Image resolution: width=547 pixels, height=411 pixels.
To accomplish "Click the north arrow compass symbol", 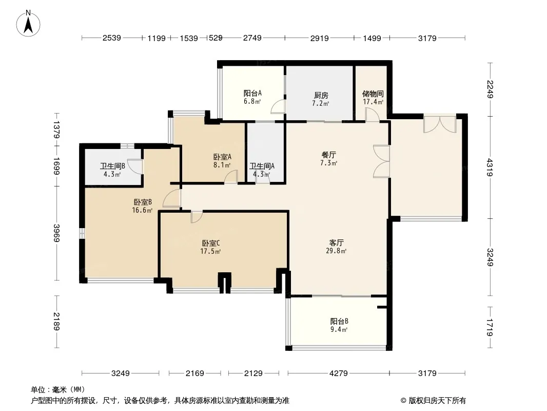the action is pyautogui.click(x=28, y=24).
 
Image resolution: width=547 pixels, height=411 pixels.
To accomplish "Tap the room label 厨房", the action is pyautogui.click(x=321, y=95).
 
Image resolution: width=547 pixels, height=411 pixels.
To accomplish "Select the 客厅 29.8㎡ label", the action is pyautogui.click(x=336, y=247).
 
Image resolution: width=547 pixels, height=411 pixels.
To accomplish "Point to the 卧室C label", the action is pyautogui.click(x=210, y=243).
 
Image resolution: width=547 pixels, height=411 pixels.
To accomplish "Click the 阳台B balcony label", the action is pyautogui.click(x=339, y=321).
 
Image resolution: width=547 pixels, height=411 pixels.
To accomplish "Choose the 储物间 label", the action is pyautogui.click(x=373, y=94).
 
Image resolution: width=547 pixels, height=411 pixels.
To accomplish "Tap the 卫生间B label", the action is pyautogui.click(x=112, y=166).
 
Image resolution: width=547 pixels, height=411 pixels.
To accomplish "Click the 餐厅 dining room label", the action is pyautogui.click(x=328, y=155).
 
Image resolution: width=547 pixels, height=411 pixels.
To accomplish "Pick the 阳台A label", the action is pyautogui.click(x=252, y=93).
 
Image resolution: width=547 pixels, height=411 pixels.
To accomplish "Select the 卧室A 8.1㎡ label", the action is pyautogui.click(x=222, y=161).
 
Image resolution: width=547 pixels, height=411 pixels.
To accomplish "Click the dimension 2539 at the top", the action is pyautogui.click(x=112, y=38).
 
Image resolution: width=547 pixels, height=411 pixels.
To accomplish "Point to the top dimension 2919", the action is pyautogui.click(x=320, y=38).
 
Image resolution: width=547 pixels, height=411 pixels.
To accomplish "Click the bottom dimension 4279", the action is pyautogui.click(x=338, y=373).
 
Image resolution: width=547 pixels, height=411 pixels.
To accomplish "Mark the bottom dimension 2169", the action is pyautogui.click(x=194, y=373).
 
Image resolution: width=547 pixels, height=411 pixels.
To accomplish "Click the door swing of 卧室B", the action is pyautogui.click(x=172, y=198).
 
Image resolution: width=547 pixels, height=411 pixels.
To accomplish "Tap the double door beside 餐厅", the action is pyautogui.click(x=381, y=161).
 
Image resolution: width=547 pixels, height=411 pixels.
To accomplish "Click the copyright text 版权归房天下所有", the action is pyautogui.click(x=436, y=401).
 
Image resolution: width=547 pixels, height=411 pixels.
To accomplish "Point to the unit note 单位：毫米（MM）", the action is pyautogui.click(x=58, y=389).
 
